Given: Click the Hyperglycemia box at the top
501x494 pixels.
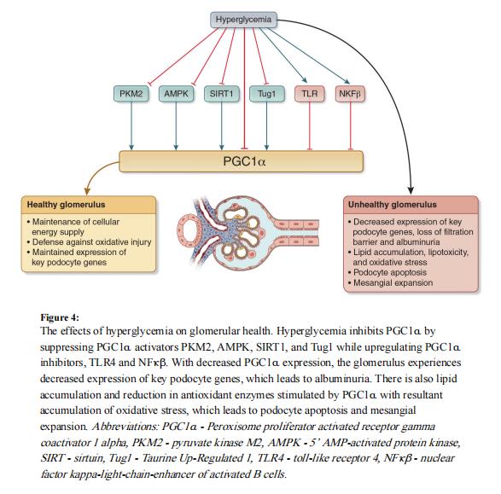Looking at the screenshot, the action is (243, 20).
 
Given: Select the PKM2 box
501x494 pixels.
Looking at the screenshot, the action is (131, 94).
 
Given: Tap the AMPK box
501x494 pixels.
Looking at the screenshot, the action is (176, 94).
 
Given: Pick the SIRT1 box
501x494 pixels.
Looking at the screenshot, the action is (221, 94).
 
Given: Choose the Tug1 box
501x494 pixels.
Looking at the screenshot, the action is (267, 94).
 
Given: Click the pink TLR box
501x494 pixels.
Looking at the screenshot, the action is (310, 94).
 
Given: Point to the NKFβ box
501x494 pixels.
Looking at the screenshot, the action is (350, 94).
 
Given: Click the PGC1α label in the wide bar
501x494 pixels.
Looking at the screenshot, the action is (244, 161).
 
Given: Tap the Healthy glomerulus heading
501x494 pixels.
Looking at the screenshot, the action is (66, 205).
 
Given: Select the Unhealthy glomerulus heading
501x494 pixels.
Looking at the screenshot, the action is (393, 205).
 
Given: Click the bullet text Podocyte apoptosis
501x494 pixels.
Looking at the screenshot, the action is (390, 272).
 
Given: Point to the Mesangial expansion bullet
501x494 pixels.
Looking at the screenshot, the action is (393, 282).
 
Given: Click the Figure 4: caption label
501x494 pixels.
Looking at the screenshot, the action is (60, 317).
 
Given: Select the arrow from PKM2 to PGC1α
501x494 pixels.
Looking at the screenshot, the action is (131, 126).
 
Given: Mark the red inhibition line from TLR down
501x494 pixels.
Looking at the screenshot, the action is (309, 126).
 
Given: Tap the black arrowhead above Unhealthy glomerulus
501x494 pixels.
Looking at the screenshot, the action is (411, 190).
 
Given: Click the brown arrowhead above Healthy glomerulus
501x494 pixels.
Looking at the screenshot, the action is (87, 191).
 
